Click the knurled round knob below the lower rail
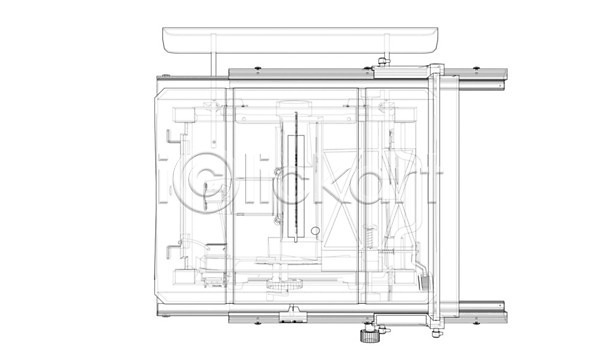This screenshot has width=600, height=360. pos(368,337)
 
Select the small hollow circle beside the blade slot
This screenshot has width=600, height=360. pos(315,231)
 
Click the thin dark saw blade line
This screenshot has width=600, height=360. pos(296,177)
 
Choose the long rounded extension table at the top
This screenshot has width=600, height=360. pos(300,40)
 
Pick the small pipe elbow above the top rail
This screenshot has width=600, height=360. pos(383,60)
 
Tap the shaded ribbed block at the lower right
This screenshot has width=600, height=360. pos(425,283)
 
